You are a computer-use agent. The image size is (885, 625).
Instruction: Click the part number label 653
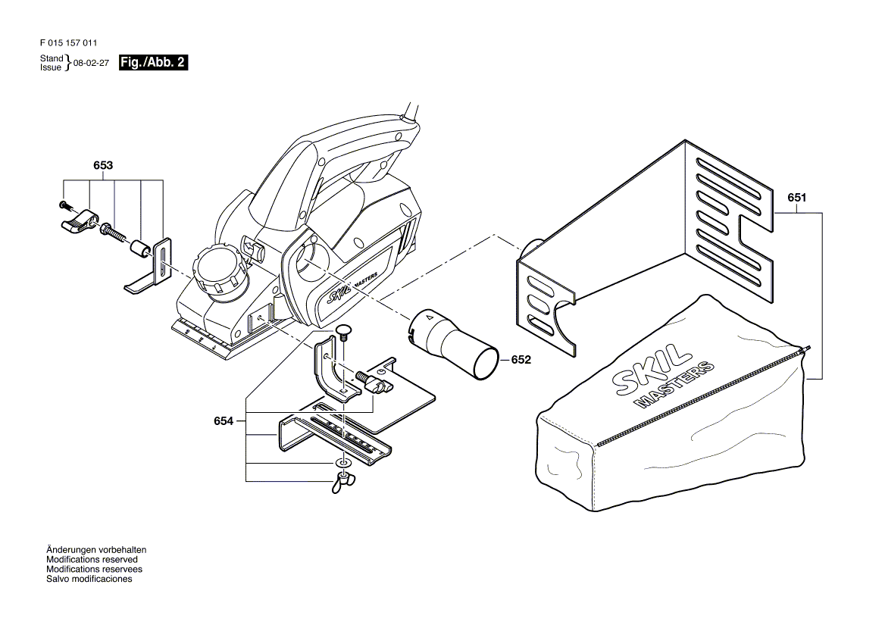(x=103, y=165)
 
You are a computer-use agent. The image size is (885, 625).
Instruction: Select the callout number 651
(x=797, y=198)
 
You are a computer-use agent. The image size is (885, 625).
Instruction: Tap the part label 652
(x=521, y=359)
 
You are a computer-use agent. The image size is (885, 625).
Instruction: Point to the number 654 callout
(x=224, y=420)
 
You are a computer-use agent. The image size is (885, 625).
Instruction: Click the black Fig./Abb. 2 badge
(x=154, y=63)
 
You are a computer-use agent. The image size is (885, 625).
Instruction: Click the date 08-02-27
(x=91, y=63)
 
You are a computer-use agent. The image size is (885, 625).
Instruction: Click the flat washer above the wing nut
(x=342, y=463)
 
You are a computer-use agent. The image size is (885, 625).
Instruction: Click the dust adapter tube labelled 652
(x=453, y=343)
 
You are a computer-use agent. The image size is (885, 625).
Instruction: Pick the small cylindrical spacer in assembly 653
(x=140, y=248)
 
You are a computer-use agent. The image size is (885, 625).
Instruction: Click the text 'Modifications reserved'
(x=92, y=560)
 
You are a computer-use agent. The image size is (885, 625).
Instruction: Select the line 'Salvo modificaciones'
(x=89, y=579)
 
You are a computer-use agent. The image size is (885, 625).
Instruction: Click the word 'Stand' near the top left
(x=52, y=58)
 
